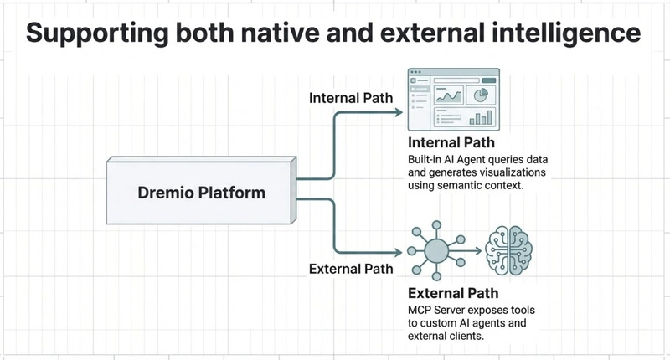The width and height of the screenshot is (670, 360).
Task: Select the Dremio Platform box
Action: point(200,193)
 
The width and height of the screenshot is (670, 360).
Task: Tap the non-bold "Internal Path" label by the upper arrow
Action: point(352,98)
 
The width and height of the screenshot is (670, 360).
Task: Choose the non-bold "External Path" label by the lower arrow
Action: point(351,269)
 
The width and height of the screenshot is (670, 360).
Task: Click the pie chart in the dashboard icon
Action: point(482,95)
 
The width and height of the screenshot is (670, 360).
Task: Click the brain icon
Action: point(510,249)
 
